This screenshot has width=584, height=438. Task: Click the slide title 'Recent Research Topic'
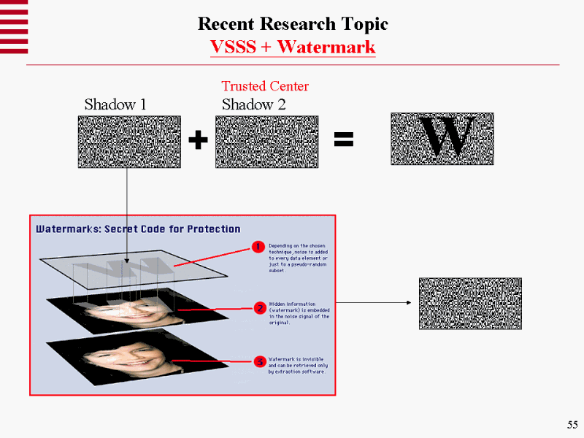pyautogui.click(x=293, y=24)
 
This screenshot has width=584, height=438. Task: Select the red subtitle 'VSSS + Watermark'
pyautogui.click(x=293, y=47)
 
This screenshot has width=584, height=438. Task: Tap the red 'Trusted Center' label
pyautogui.click(x=265, y=86)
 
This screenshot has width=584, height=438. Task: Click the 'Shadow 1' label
pyautogui.click(x=115, y=104)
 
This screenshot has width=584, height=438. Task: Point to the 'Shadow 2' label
pyautogui.click(x=253, y=104)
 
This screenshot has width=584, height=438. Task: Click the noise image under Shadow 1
pyautogui.click(x=129, y=142)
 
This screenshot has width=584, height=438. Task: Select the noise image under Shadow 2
pyautogui.click(x=266, y=142)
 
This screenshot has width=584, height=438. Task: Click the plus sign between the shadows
pyautogui.click(x=197, y=141)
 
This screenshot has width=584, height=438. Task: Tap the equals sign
pyautogui.click(x=343, y=140)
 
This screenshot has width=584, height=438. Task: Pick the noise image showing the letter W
pyautogui.click(x=442, y=138)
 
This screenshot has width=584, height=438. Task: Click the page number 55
pyautogui.click(x=572, y=426)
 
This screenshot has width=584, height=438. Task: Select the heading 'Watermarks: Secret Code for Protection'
pyautogui.click(x=138, y=229)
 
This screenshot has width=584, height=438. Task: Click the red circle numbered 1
pyautogui.click(x=258, y=247)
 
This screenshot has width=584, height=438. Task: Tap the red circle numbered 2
pyautogui.click(x=259, y=308)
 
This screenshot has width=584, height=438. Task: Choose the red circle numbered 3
pyautogui.click(x=259, y=361)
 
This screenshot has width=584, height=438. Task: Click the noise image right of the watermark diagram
pyautogui.click(x=470, y=303)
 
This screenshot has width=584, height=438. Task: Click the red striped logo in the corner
pyautogui.click(x=14, y=27)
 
